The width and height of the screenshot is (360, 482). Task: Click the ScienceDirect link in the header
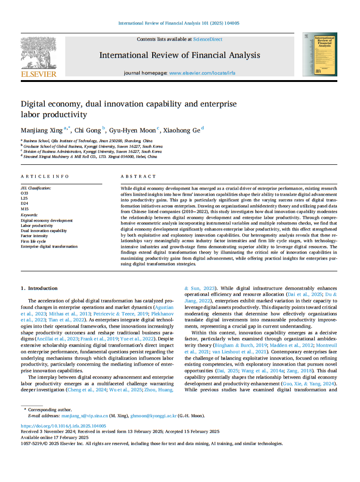click(x=208, y=39)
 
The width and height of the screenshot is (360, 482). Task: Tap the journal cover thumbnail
click(x=320, y=54)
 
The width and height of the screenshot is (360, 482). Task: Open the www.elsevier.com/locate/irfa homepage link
click(x=202, y=73)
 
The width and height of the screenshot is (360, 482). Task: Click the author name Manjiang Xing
click(x=41, y=130)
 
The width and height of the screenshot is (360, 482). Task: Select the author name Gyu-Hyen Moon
click(x=132, y=130)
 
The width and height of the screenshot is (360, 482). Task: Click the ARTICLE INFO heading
click(x=45, y=176)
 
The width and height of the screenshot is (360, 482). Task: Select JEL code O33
click(x=25, y=193)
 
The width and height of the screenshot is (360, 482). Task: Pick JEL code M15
click(x=25, y=209)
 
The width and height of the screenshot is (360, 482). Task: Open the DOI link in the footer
click(x=63, y=426)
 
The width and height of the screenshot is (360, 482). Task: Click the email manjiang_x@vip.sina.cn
click(x=85, y=416)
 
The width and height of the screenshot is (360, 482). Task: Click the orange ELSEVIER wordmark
click(x=38, y=74)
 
